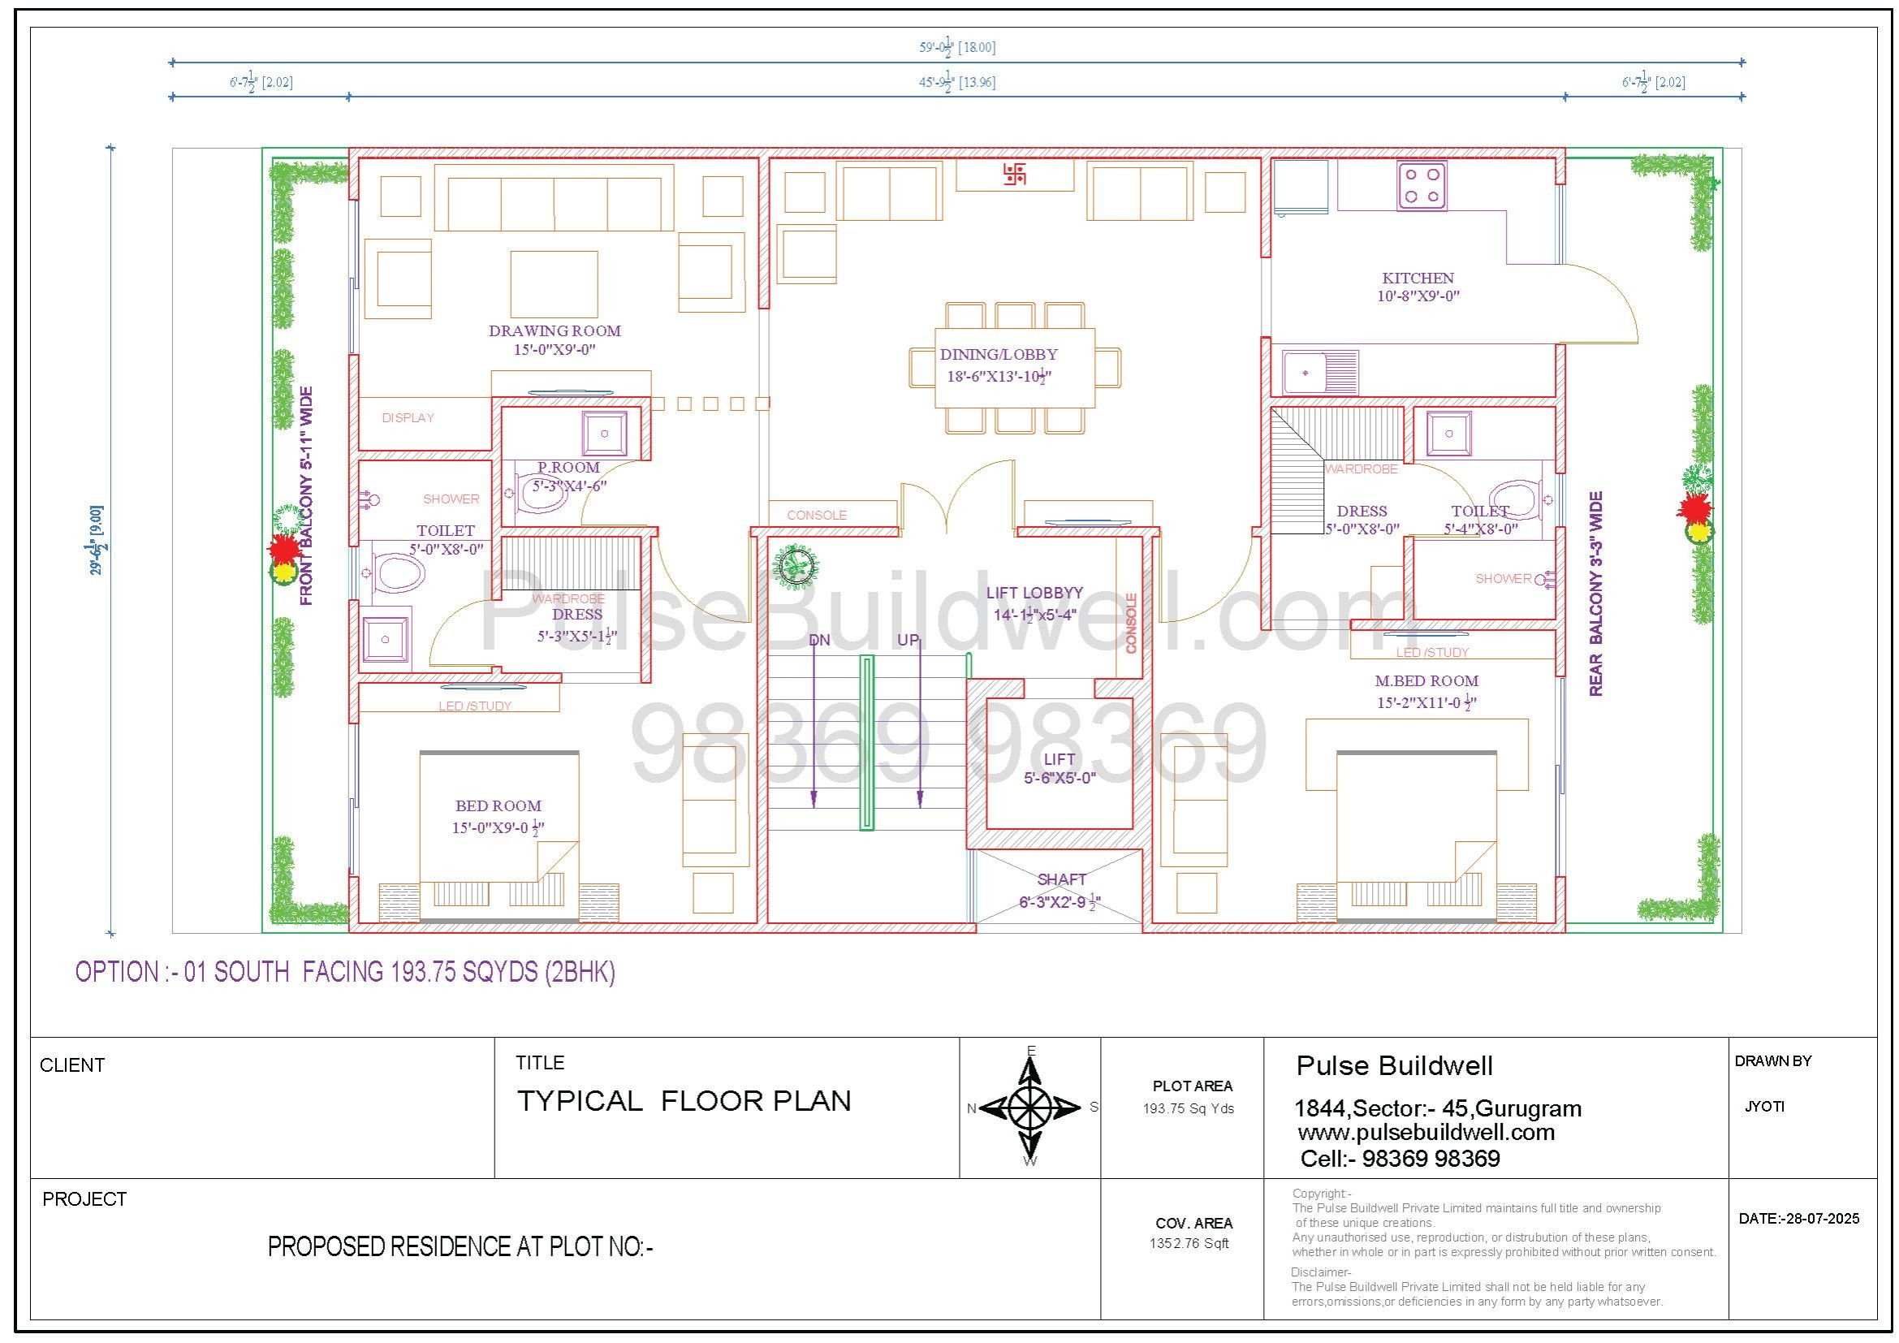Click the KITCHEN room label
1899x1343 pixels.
(x=1418, y=279)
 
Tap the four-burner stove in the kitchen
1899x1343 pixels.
(x=1422, y=185)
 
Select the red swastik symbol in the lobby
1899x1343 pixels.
(x=1015, y=174)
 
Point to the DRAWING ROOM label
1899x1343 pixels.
(x=555, y=330)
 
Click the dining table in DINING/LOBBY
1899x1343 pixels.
(x=1015, y=368)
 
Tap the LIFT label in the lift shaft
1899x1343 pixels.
(x=1060, y=759)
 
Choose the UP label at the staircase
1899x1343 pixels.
(x=908, y=640)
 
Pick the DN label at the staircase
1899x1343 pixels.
(x=819, y=640)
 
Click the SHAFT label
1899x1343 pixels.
(x=1062, y=879)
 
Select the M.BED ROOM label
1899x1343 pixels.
(x=1426, y=681)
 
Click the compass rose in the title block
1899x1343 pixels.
(x=1030, y=1107)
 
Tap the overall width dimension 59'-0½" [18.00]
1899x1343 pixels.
(x=957, y=47)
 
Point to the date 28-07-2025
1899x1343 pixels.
(x=1799, y=1218)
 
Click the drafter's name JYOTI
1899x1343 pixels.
(x=1764, y=1107)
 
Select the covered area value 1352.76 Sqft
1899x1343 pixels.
(x=1189, y=1243)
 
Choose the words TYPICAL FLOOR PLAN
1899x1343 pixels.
(x=684, y=1101)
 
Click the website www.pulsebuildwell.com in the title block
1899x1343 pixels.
(x=1426, y=1132)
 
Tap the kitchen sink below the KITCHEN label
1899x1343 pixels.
(x=1320, y=373)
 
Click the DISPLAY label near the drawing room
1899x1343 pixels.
(x=408, y=417)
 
